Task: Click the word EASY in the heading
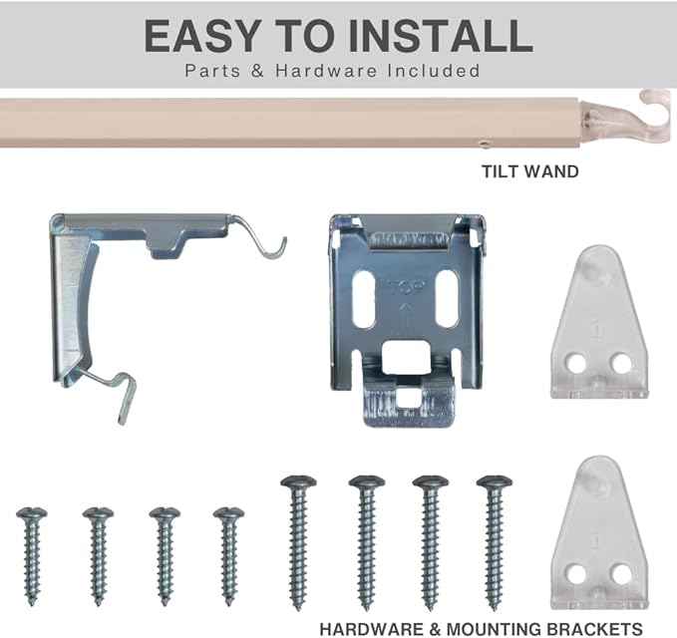coord(202,36)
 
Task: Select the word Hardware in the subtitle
coord(326,71)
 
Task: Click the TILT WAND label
coord(530,171)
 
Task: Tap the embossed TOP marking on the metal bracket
coord(406,287)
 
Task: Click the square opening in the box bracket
coord(406,358)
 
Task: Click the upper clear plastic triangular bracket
coord(599,322)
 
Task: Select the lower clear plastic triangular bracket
coord(599,532)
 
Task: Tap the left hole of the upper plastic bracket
coord(576,363)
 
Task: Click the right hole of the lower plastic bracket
coord(621,573)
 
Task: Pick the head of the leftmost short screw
coord(32,513)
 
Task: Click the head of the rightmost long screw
coord(495,481)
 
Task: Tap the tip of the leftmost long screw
coord(298,609)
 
